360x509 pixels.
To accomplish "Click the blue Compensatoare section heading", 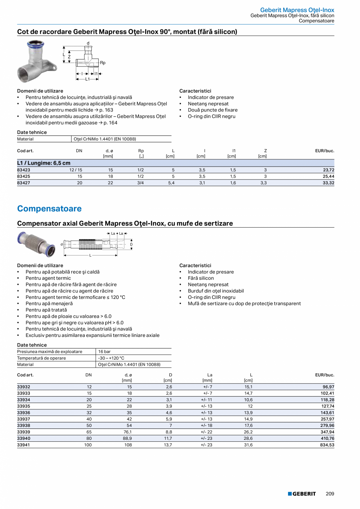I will click(49, 209).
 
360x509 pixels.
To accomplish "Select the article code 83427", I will click(23, 183).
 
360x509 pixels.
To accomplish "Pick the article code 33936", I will click(23, 412).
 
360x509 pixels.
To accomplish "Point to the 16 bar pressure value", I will click(104, 352).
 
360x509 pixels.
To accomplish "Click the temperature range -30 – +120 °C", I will click(111, 358).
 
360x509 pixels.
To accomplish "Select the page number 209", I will click(330, 494).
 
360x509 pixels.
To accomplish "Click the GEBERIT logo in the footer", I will click(302, 494).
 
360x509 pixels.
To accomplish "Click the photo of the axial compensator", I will click(37, 245).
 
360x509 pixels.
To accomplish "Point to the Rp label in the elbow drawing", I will click(103, 63).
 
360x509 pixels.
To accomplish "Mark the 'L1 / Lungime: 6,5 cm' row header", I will click(44, 163).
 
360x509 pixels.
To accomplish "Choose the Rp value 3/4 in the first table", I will click(141, 183).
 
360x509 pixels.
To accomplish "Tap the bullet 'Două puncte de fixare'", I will click(212, 110).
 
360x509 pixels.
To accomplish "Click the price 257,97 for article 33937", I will click(327, 419).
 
